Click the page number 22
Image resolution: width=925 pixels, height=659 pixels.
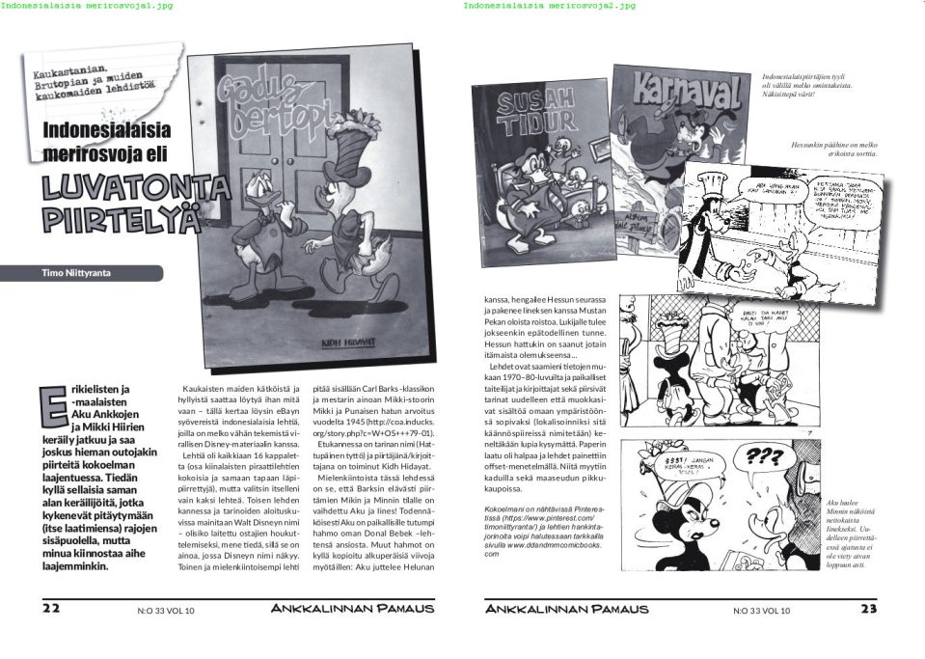51,609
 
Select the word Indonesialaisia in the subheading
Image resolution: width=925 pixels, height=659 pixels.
106,129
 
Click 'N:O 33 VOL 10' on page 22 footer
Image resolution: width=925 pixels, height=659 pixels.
166,611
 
